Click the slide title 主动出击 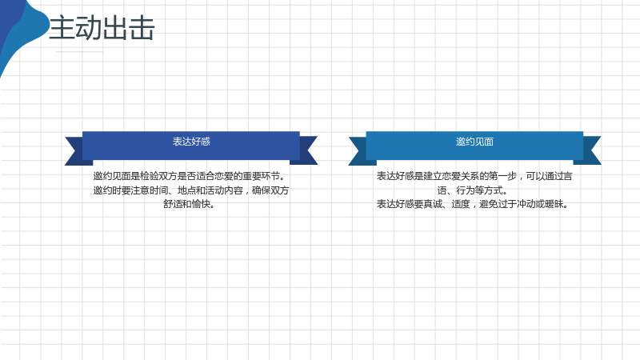(102, 28)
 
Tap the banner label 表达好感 (191, 142)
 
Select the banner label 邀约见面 (474, 142)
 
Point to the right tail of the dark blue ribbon (308, 150)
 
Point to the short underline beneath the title (79, 52)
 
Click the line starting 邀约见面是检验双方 (190, 176)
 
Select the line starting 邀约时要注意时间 (190, 190)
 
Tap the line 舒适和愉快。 (190, 204)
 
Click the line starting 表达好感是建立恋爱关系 (474, 176)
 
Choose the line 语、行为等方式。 (473, 190)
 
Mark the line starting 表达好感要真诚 (473, 204)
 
